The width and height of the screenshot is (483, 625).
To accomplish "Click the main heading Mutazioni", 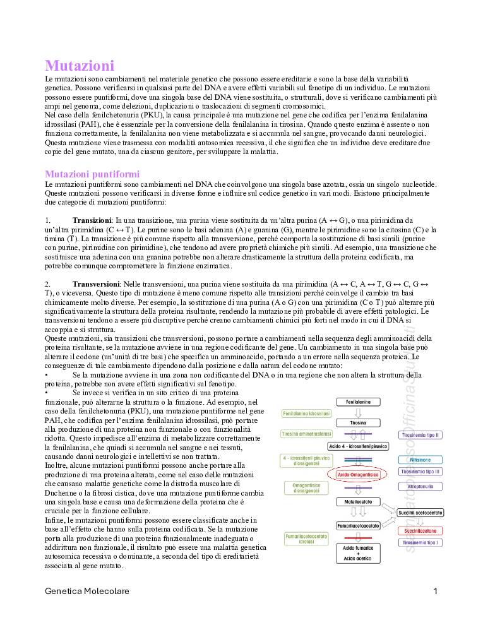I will pos(80,66).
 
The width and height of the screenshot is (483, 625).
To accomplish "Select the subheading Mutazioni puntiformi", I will pos(92,174).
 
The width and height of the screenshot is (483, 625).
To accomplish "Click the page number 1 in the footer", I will pos(436,592).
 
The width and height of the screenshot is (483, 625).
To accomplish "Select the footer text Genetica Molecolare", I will pos(87,592).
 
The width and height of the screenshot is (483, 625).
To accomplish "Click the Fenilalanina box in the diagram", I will pos(358,402).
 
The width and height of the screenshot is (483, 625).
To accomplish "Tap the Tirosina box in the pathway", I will pos(358,422).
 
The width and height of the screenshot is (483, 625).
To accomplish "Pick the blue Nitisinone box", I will pos(420,460).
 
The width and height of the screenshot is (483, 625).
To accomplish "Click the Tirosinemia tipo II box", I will pos(420,435).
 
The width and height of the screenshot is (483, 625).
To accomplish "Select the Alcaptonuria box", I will pos(420,487).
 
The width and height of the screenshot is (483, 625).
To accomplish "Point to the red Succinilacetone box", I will pos(420,531).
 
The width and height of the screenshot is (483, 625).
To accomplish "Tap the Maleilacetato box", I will pos(358,501).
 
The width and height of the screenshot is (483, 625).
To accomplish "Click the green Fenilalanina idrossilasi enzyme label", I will pos(307,414).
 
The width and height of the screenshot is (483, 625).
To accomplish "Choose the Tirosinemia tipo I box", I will pos(420,542).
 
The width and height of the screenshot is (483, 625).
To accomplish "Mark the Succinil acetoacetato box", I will pos(420,512).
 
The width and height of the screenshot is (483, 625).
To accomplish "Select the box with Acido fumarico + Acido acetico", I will pos(358,553).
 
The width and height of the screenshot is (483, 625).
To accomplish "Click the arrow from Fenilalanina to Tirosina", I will pos(358,412).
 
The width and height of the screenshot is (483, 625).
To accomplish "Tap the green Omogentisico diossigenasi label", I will pos(307,487).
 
